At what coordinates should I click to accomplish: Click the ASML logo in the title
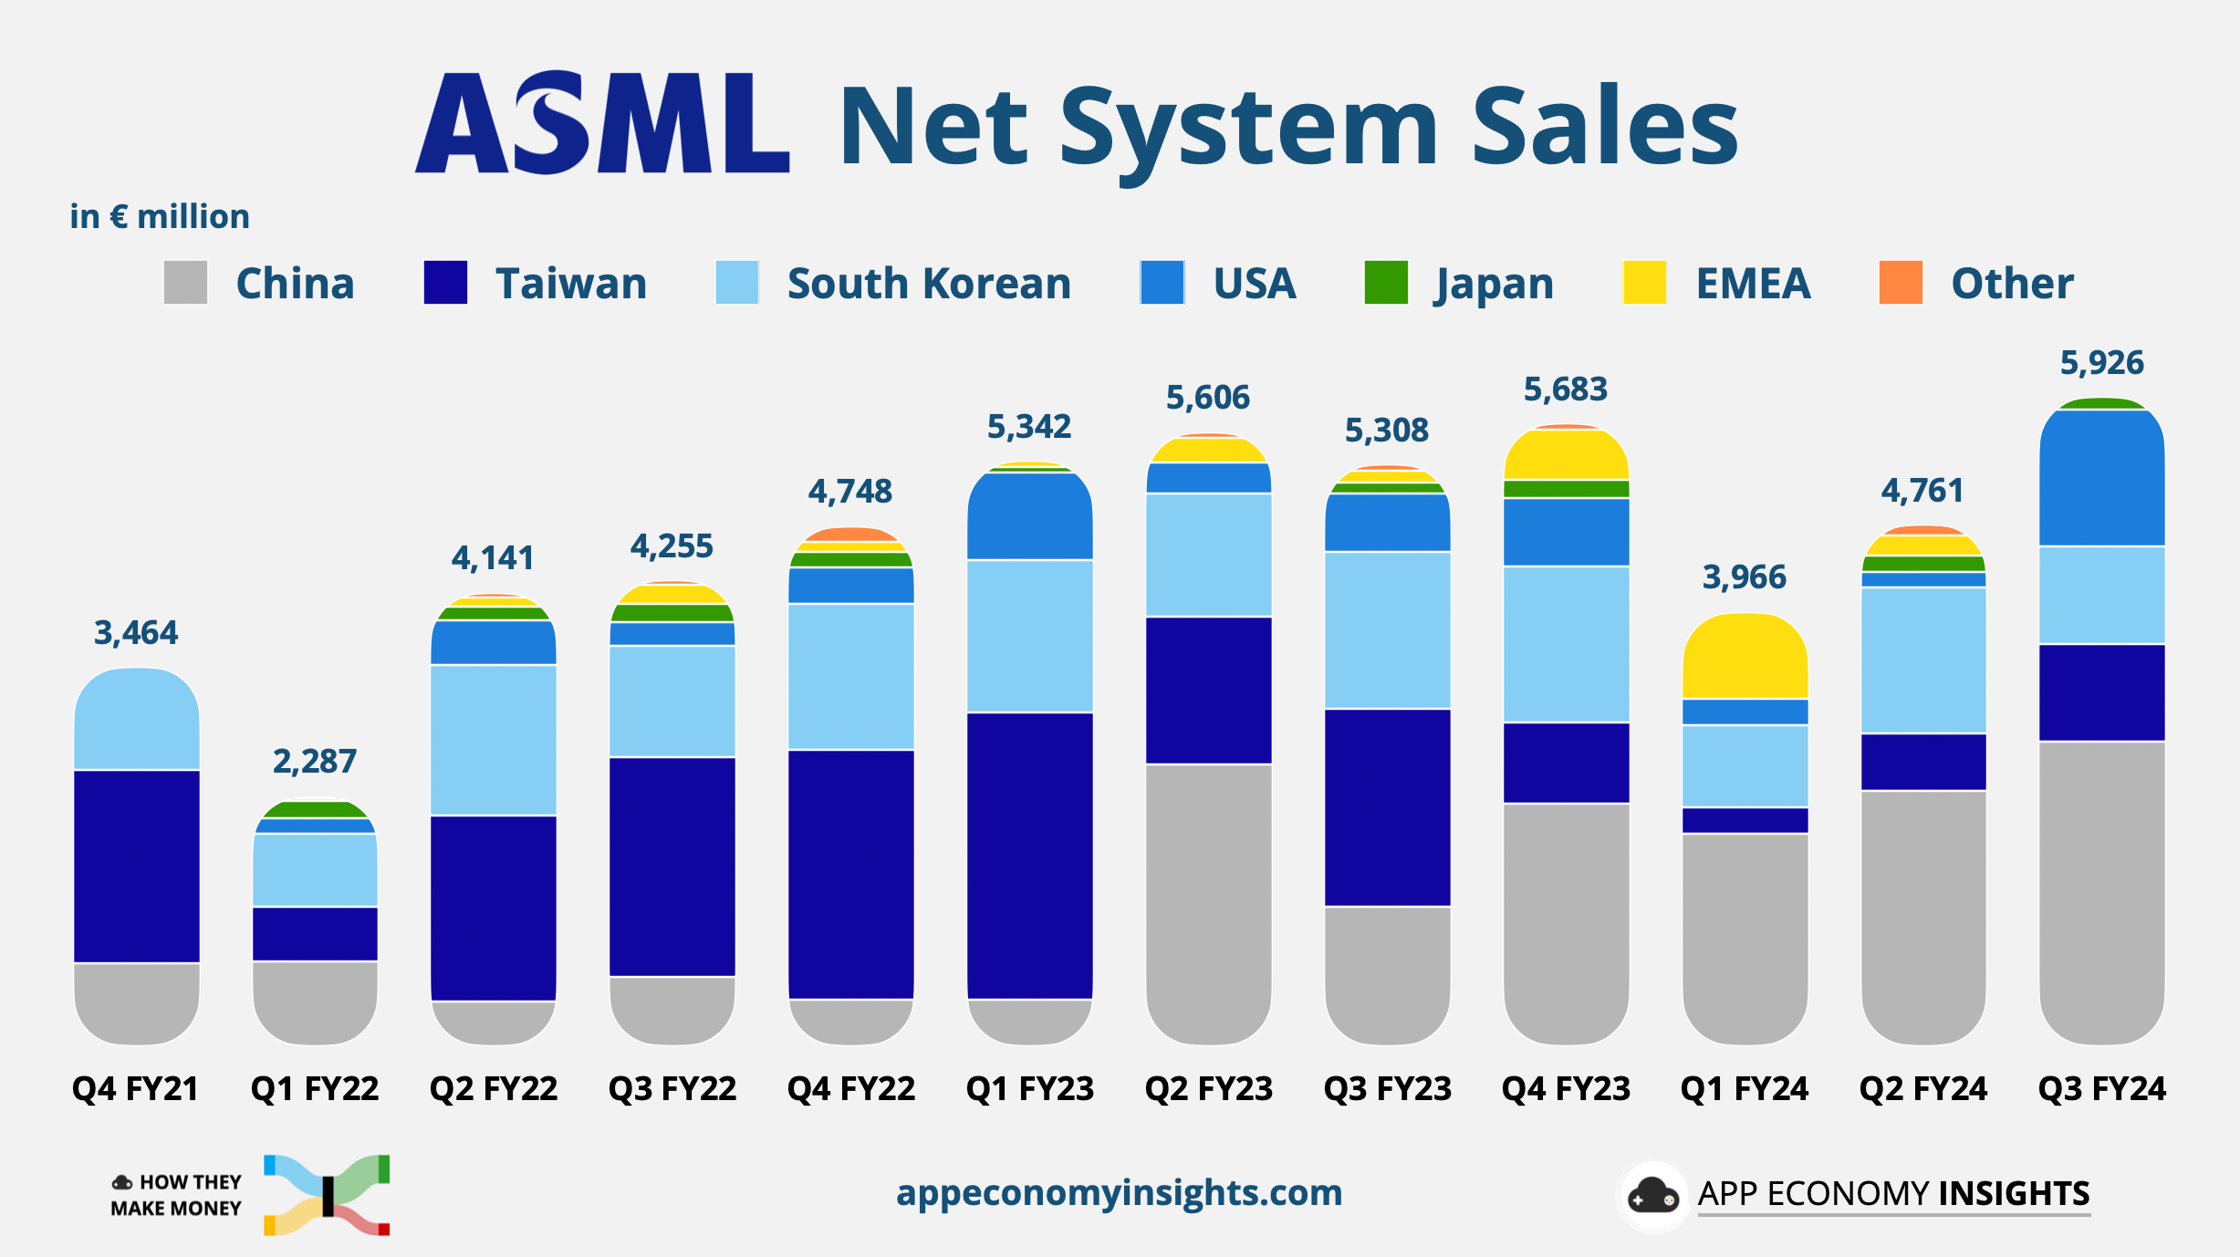[x=602, y=124]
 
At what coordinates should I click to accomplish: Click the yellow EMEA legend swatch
[x=1644, y=283]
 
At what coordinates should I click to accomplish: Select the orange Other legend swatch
[x=1901, y=283]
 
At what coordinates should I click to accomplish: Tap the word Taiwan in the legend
[x=571, y=284]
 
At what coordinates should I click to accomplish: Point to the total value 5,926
[x=2101, y=363]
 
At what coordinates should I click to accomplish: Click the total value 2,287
[x=314, y=761]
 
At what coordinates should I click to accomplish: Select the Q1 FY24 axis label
[x=1744, y=1088]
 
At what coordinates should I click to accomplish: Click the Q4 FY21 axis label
[x=135, y=1088]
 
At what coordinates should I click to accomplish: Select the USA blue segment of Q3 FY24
[x=2101, y=479]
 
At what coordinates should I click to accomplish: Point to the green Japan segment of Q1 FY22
[x=314, y=809]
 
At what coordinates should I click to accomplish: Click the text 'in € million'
[x=160, y=217]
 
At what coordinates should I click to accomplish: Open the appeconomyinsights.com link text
[x=1119, y=1192]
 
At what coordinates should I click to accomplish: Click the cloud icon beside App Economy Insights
[x=1652, y=1195]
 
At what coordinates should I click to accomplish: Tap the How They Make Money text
[x=177, y=1195]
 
